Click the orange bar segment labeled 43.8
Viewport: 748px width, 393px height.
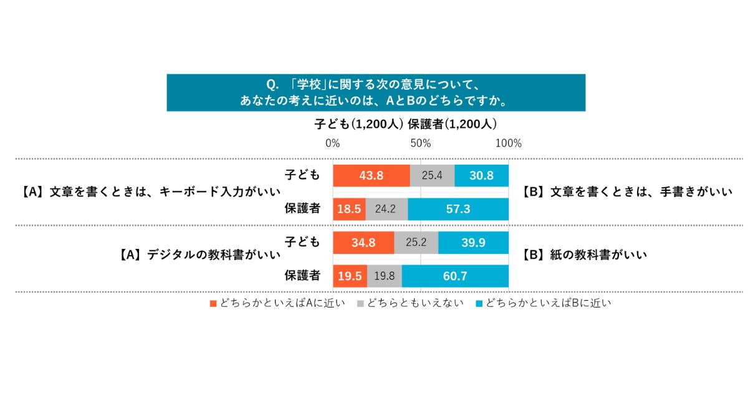[372, 176]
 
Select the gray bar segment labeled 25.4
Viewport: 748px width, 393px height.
[432, 176]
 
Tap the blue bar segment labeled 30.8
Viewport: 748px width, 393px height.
[481, 176]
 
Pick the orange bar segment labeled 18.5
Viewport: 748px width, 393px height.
[350, 209]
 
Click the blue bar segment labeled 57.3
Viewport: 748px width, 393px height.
[458, 209]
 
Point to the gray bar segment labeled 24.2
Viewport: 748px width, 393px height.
[386, 209]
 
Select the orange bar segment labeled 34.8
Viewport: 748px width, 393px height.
[363, 243]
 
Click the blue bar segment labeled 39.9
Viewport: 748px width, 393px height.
[473, 243]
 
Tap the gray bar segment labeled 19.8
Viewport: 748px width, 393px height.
[385, 276]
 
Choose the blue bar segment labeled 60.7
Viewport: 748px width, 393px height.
[455, 276]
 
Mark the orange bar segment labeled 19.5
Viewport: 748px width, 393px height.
[350, 276]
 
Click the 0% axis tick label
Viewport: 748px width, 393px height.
[333, 143]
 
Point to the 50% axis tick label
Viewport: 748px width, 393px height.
[421, 143]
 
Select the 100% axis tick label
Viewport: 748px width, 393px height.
[508, 143]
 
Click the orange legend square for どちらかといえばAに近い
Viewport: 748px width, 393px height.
[213, 304]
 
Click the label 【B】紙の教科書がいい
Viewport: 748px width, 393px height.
[585, 255]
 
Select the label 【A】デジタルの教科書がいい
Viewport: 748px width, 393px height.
[199, 255]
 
